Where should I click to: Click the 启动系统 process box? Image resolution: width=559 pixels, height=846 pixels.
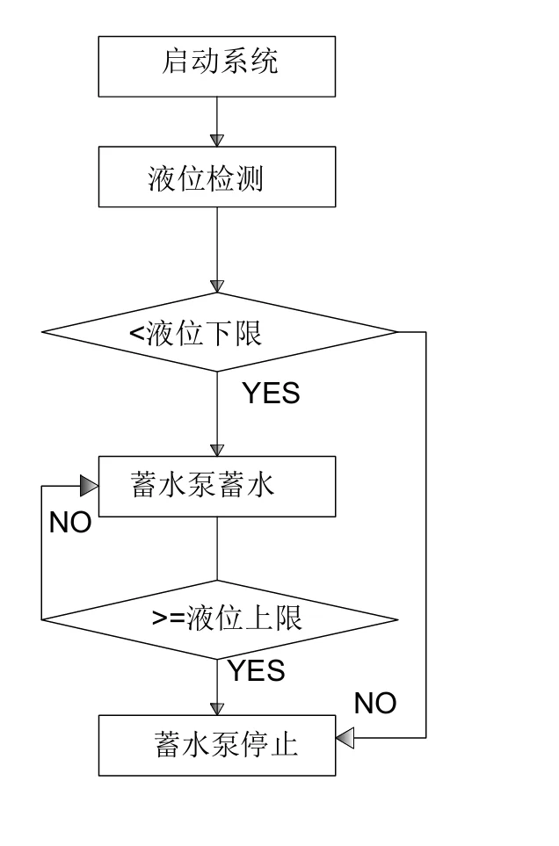pos(216,66)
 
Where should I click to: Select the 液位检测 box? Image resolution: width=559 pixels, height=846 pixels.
pos(216,177)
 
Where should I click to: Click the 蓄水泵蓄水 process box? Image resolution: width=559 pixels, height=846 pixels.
pos(216,486)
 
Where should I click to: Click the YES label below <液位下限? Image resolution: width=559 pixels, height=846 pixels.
pos(271,394)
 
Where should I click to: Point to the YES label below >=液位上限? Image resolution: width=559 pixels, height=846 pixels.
pos(257,671)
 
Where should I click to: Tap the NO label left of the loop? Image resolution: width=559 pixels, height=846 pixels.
pos(70,523)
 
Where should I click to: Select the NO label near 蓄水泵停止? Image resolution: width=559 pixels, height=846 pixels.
pos(375,703)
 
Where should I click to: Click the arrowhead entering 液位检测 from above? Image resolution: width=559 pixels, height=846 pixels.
pos(216,140)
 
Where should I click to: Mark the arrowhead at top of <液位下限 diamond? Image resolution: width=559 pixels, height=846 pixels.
pos(216,287)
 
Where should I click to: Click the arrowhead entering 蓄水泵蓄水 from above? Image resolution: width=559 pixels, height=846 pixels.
pos(216,449)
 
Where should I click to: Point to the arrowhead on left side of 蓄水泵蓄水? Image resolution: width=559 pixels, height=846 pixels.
pos(89,486)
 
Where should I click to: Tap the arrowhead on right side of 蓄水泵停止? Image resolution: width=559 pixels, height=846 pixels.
pos(345,739)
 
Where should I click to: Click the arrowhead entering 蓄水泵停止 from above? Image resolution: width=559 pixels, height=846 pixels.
pos(216,708)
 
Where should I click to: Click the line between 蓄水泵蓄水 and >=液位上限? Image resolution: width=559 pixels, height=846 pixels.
pos(216,548)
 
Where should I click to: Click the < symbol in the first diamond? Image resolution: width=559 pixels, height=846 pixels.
pos(136,334)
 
